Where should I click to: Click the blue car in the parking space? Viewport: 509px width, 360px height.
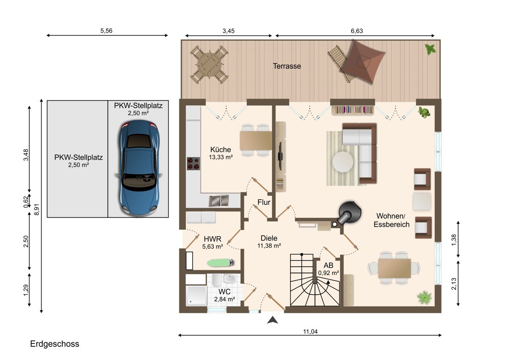(139, 168)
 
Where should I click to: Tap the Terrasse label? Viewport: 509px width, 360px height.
(287, 66)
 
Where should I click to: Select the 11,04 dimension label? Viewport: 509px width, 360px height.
(310, 332)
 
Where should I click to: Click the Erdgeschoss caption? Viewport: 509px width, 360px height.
(55, 343)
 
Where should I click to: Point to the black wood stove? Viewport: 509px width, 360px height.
(349, 213)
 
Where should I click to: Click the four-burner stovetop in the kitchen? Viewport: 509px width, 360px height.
(193, 163)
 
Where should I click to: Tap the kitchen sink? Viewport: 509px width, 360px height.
(218, 201)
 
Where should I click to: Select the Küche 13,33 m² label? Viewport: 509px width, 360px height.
(221, 153)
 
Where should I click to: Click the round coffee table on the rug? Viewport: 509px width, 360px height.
(343, 162)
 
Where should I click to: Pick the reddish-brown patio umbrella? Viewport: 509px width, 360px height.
(362, 62)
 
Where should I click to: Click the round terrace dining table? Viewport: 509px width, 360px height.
(209, 65)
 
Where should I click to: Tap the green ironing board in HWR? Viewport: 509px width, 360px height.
(220, 263)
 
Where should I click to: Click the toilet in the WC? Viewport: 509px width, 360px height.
(215, 280)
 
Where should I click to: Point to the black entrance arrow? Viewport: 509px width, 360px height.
(272, 320)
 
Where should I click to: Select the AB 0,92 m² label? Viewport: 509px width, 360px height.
(329, 269)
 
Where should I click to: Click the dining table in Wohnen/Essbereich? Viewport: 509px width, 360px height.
(394, 268)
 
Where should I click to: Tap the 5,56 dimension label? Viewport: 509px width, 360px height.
(106, 31)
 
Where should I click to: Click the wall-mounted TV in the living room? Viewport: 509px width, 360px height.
(280, 156)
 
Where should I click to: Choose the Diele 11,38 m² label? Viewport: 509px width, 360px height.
(269, 242)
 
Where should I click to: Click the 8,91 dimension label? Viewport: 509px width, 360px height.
(36, 209)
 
